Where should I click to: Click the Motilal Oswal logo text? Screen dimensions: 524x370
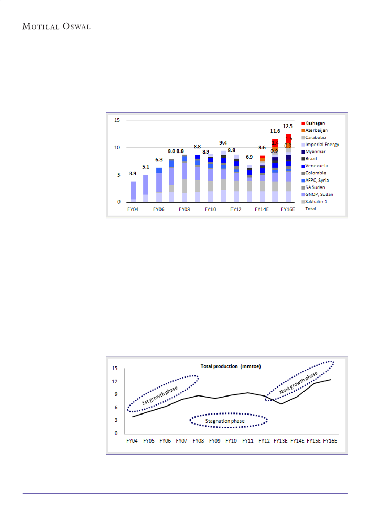[56, 26]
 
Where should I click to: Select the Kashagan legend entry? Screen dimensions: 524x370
[315, 123]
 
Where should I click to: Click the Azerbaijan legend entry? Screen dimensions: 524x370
[317, 130]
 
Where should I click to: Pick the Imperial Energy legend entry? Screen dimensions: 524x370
[322, 144]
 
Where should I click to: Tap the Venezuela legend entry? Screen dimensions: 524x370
[317, 166]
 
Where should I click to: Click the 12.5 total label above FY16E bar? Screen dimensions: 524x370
[288, 126]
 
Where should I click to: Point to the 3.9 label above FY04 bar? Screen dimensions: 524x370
[133, 173]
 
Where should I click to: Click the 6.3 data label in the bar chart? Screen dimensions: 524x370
[159, 159]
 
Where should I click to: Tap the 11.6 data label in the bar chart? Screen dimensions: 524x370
[275, 131]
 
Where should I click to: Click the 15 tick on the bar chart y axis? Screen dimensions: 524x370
[117, 121]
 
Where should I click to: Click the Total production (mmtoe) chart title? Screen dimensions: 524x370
[231, 366]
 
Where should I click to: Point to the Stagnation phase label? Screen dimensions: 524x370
[228, 421]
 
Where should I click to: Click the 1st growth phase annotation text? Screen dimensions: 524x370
[160, 394]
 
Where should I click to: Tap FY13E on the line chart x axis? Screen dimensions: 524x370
[281, 441]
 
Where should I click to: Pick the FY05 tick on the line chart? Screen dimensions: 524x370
[149, 441]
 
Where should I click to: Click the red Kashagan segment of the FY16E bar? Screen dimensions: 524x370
[288, 139]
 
